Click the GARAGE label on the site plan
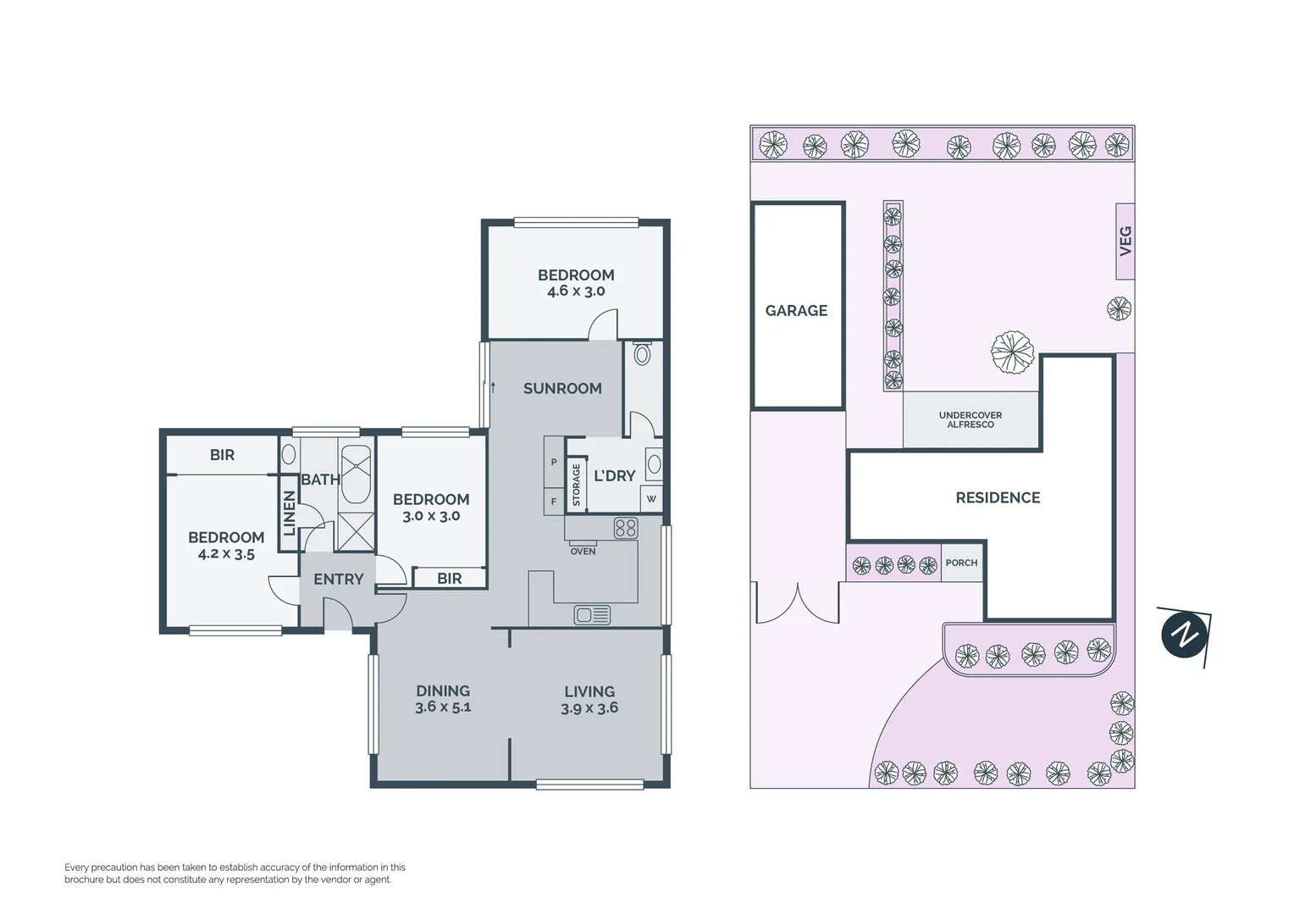796,311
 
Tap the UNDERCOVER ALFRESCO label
970,419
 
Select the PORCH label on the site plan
961,563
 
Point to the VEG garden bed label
1125,241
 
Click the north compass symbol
1184,634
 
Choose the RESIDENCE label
998,498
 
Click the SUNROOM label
562,389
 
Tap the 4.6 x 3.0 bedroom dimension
576,291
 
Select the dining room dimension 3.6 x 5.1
443,707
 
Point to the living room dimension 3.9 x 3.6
589,708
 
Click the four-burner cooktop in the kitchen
626,529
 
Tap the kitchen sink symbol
593,614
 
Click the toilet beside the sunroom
642,354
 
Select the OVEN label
583,552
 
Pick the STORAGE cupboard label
576,485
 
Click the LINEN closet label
290,513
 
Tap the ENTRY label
338,579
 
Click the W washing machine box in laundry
650,499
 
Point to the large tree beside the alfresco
1013,351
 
